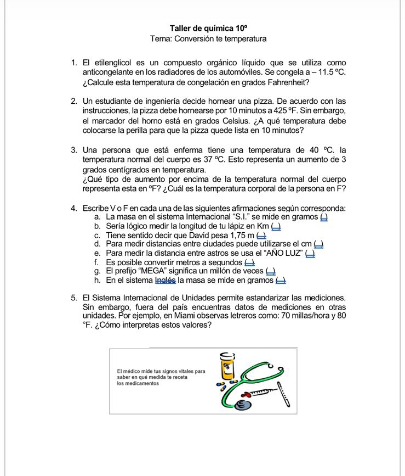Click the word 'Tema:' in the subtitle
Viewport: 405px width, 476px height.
pyautogui.click(x=162, y=39)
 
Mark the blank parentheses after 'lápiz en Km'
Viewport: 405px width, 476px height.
pyautogui.click(x=276, y=226)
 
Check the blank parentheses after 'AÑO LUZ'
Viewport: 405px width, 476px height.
pyautogui.click(x=310, y=253)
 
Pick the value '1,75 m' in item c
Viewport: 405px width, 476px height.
pyautogui.click(x=243, y=235)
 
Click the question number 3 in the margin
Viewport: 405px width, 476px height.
pyautogui.click(x=73, y=149)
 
